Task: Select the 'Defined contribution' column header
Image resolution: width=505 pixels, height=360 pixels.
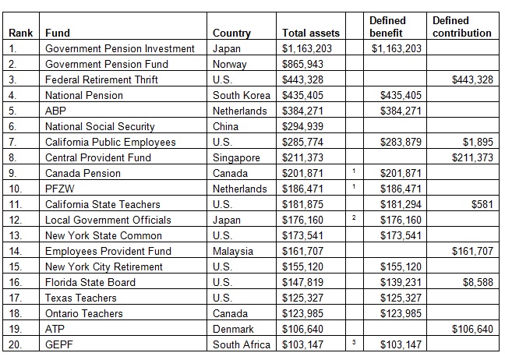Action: (461, 27)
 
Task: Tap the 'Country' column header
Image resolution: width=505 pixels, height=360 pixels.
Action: (231, 34)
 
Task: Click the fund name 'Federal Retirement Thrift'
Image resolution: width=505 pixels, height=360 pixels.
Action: (101, 80)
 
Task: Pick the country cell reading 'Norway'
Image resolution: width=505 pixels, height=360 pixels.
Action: (230, 65)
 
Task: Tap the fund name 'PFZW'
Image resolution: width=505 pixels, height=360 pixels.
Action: (59, 189)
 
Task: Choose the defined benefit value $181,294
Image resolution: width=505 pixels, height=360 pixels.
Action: (401, 205)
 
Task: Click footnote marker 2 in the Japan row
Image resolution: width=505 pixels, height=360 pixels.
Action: (353, 218)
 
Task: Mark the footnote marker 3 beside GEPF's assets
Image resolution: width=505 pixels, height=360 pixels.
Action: (353, 343)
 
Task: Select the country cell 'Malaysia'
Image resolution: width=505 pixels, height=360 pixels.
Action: (233, 252)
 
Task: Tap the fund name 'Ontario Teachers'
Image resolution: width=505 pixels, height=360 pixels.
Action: (84, 314)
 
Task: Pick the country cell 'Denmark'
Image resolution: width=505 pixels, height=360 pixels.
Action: (234, 330)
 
